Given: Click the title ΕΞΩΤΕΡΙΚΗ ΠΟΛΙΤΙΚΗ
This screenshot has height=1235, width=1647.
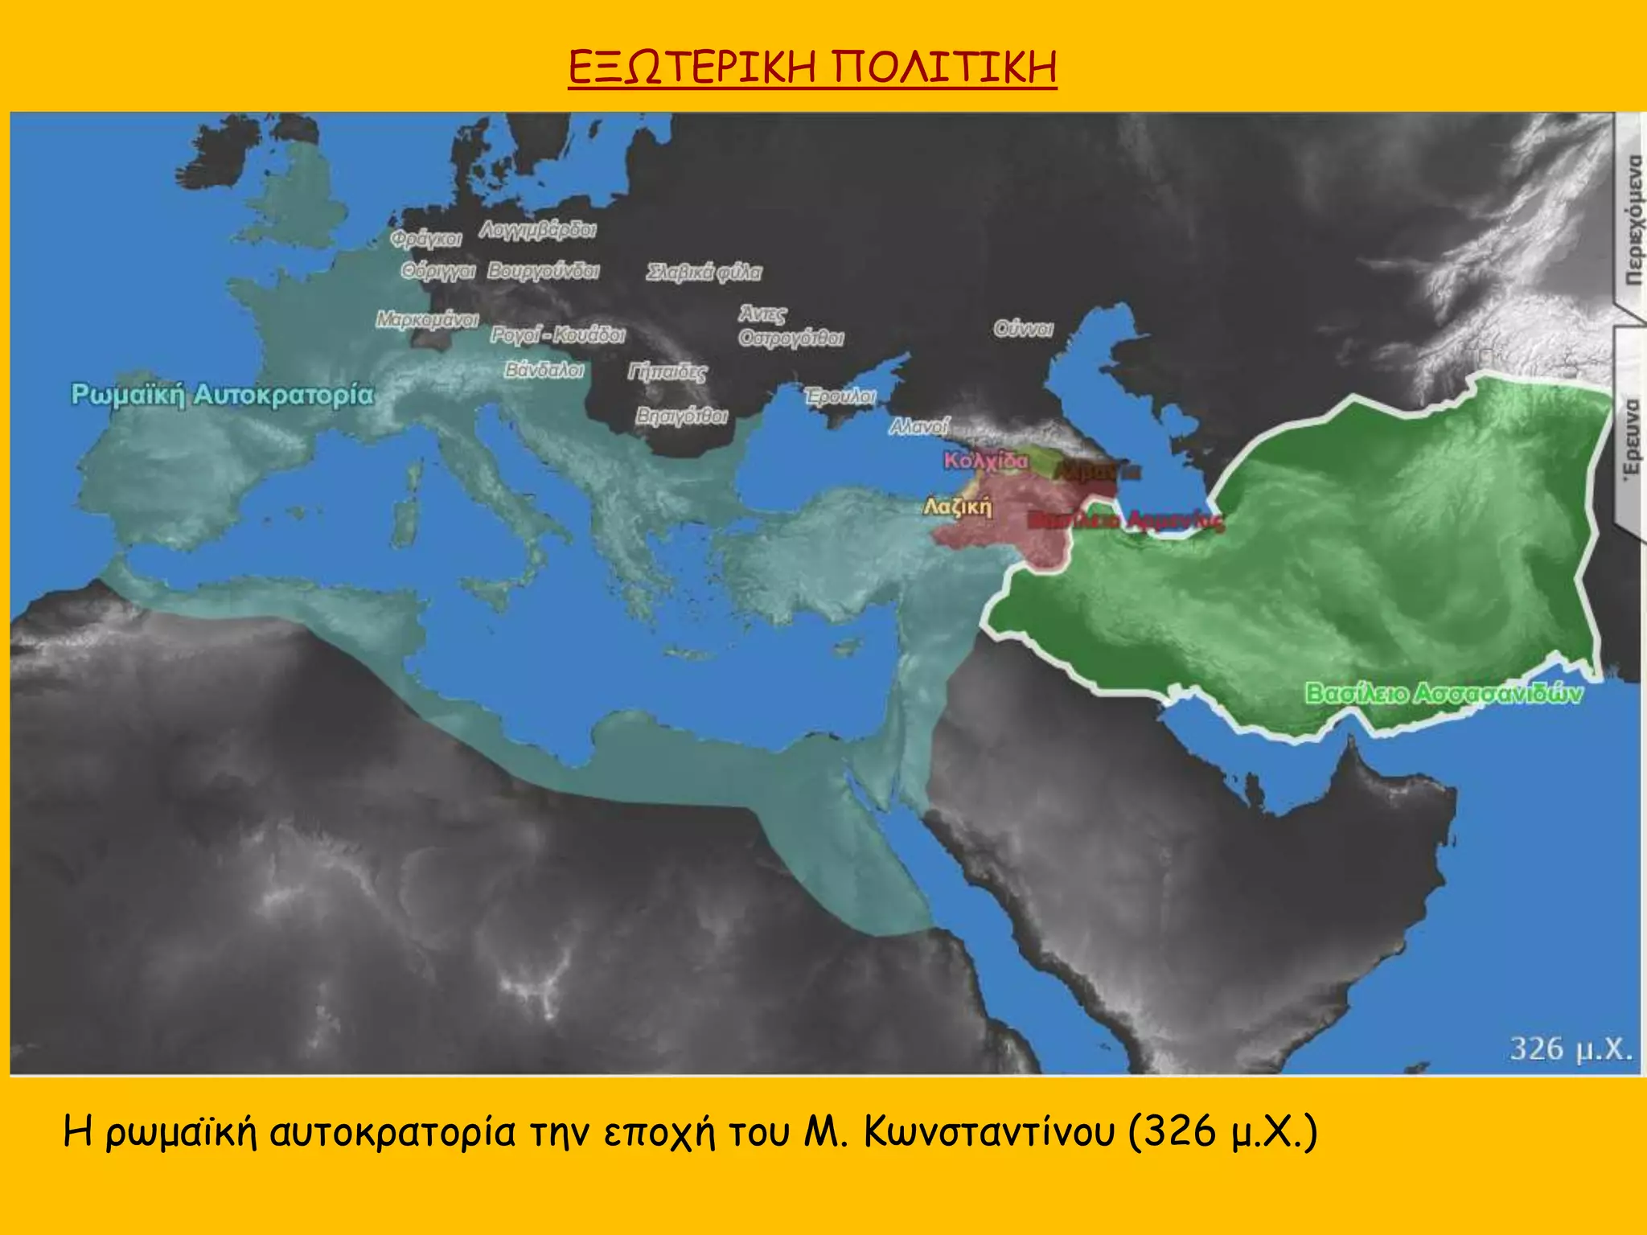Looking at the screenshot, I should coord(812,67).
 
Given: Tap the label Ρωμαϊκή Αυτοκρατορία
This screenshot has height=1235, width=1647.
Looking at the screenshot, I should coord(223,395).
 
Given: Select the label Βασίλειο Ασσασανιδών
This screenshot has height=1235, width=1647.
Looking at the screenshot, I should coord(1443,692).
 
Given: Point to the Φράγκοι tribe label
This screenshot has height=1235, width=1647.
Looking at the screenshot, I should coord(426,239).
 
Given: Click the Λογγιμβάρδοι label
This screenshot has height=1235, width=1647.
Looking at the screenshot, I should coord(537,230).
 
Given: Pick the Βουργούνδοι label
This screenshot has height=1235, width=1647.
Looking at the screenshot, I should coord(544,271).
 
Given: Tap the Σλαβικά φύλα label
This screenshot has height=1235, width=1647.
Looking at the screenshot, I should coord(704,273).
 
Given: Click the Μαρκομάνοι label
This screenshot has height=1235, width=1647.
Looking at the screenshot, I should coord(427,319).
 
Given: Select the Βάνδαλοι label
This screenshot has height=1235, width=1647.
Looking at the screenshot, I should coord(544,370).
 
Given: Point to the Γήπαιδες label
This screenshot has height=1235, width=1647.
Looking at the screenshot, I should coord(667,371).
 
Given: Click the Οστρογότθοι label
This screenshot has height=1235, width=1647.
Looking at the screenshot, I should coord(791,338).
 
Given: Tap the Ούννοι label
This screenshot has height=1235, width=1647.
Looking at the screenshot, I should coord(1023,329).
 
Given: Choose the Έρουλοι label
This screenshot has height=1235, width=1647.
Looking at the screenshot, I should coord(840,396).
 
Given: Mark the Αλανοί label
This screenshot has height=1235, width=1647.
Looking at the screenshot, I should coord(919,426).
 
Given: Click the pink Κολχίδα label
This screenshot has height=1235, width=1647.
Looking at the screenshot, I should coord(985,461).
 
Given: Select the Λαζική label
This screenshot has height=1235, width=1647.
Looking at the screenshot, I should coord(957,507).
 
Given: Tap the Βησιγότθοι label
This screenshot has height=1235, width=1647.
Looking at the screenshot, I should coord(681,416).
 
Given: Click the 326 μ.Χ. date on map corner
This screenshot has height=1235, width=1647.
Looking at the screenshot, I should coord(1571,1048).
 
